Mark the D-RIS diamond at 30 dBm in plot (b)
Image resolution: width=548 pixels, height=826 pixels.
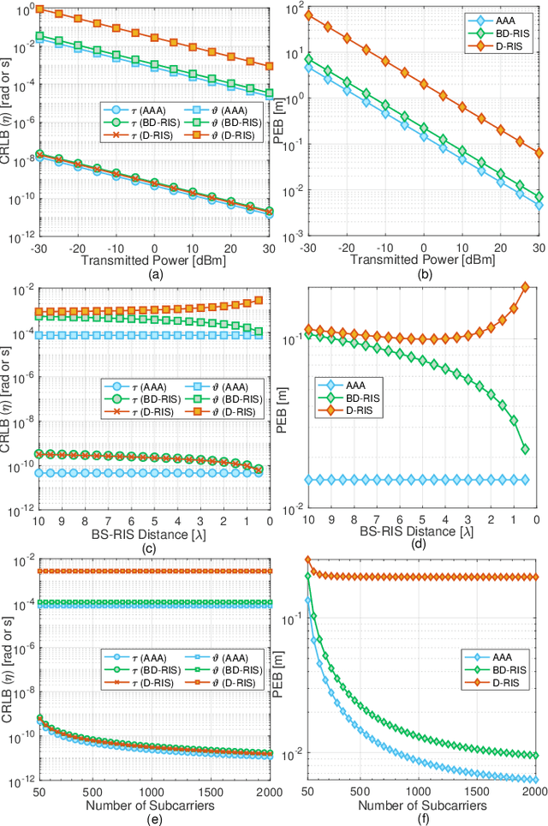tap(539, 153)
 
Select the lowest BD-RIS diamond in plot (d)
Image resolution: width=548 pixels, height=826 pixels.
tap(526, 449)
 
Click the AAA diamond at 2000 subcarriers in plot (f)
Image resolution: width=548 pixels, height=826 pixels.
tap(535, 779)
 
